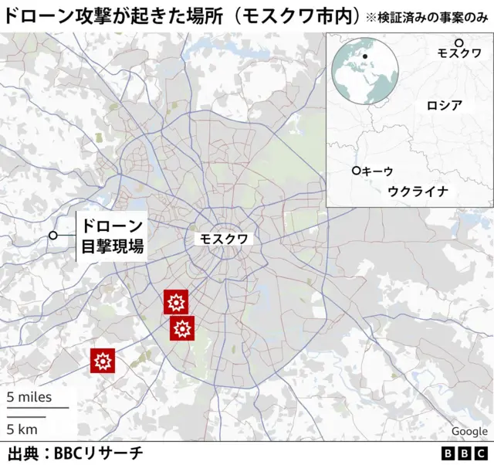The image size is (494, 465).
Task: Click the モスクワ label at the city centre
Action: pos(224,239)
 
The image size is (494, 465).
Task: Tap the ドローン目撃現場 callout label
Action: pos(113,237)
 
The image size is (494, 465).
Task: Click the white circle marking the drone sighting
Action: pos(53,236)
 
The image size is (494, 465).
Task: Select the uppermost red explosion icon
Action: pos(176,302)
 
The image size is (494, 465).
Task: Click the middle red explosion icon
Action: pos(182,329)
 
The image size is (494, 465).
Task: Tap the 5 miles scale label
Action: pos(29,398)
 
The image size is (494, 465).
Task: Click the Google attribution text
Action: pos(469,431)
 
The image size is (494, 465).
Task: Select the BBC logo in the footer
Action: pos(465,453)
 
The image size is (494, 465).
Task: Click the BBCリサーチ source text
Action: pos(98,453)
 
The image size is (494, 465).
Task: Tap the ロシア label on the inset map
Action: pos(444,106)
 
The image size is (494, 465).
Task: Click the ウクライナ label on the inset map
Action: pos(418,191)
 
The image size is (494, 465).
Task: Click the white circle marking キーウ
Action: pos(356,171)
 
